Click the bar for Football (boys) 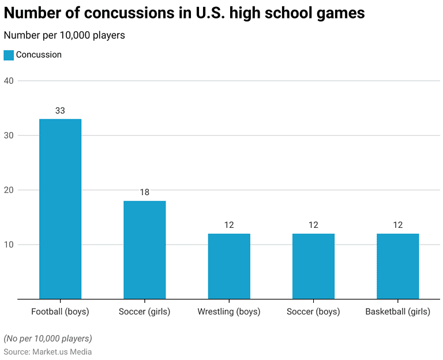pos(60,209)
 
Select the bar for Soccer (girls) pos(144,250)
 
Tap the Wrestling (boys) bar pos(229,266)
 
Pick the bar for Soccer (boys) pos(313,266)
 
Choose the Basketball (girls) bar pos(397,266)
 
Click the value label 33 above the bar pos(60,110)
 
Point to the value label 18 pos(144,192)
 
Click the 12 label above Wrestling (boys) pos(229,225)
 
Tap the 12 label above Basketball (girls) pos(397,225)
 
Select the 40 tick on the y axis pos(10,81)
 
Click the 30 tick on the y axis pos(10,136)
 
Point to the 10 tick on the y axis pos(10,245)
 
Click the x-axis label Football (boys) pos(60,312)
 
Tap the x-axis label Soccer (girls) pos(144,312)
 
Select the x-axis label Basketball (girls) pos(397,312)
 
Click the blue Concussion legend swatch pos(9,55)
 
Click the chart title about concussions pos(184,13)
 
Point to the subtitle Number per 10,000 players pos(64,36)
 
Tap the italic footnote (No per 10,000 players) pos(48,338)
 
